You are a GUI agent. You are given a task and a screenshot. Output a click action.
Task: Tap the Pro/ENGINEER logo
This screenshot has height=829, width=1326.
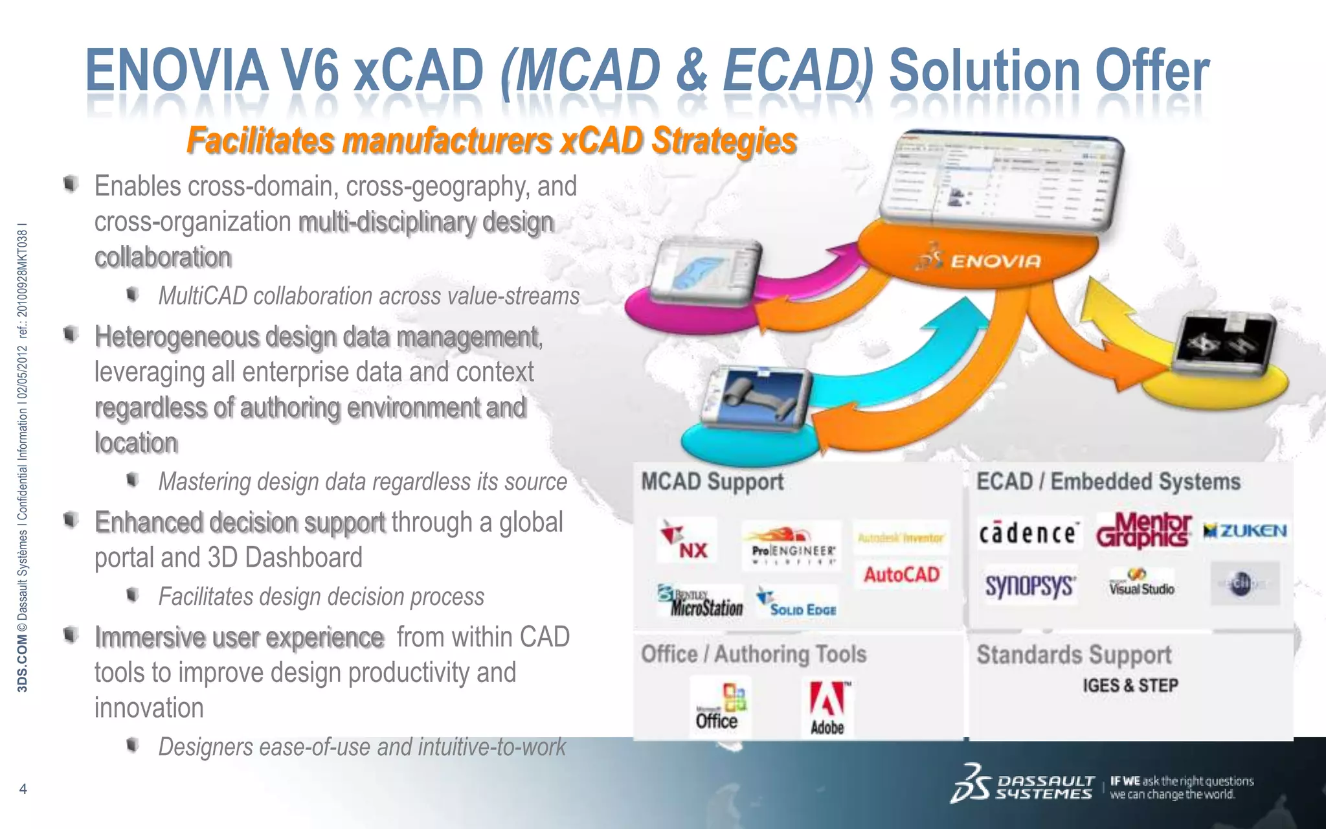[792, 545]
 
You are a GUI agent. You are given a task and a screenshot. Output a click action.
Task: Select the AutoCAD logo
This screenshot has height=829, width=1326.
[901, 574]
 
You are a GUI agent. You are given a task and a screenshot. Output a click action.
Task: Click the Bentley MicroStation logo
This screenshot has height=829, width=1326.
[701, 602]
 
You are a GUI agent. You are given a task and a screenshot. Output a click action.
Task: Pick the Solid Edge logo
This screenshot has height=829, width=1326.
[798, 604]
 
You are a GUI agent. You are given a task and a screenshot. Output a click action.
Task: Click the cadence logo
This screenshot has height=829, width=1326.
[1028, 533]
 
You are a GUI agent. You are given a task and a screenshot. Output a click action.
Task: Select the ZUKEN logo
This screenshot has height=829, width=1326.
[1245, 531]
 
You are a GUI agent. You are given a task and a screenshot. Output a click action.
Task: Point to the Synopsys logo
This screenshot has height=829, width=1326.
[1030, 585]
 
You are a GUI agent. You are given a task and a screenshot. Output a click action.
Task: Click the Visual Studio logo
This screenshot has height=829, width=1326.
[1141, 584]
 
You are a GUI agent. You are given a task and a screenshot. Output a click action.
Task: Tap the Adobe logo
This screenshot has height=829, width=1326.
[827, 708]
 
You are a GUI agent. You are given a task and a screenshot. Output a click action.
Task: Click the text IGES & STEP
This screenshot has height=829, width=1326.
[1130, 685]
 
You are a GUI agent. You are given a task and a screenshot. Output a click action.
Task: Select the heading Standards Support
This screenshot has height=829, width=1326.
[1074, 655]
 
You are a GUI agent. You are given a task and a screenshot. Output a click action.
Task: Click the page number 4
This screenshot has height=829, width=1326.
[23, 789]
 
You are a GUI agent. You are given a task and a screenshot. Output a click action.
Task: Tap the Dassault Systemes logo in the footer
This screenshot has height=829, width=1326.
[1023, 786]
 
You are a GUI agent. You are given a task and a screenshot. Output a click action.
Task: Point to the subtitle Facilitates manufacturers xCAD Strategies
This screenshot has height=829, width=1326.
[491, 141]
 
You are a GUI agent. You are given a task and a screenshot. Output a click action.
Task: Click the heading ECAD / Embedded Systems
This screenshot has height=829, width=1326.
[1108, 482]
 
